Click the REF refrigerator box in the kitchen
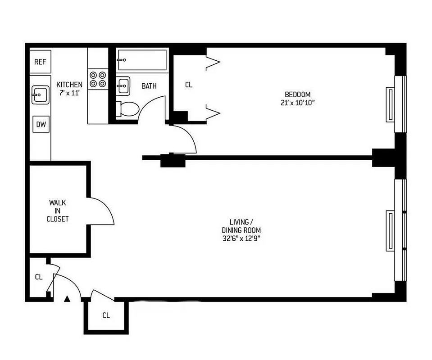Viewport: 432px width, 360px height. (41, 62)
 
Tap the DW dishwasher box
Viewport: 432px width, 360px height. (41, 124)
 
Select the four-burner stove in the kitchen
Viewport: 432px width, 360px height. (98, 79)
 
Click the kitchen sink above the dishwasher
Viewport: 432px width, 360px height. (40, 95)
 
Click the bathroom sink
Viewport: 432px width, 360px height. (123, 85)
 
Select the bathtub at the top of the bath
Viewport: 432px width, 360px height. (141, 60)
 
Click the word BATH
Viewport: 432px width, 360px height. (149, 85)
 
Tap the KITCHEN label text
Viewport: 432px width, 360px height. (69, 85)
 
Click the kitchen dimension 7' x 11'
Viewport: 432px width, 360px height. (69, 93)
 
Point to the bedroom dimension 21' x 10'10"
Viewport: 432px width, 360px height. (298, 103)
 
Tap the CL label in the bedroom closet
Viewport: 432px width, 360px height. (189, 85)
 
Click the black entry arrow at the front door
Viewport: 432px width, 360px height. (67, 298)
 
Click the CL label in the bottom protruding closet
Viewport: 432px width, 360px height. (106, 315)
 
